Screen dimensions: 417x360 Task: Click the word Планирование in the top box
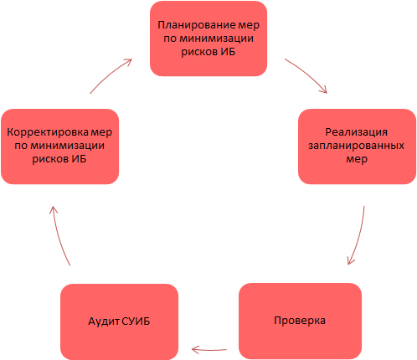coord(193,25)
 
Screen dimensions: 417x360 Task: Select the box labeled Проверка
coord(300,321)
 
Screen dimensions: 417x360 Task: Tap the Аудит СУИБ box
coord(119,322)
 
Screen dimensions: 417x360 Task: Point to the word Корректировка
coord(49,132)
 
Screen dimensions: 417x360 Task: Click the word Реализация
coord(357,132)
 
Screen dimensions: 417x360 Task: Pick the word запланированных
coord(357,146)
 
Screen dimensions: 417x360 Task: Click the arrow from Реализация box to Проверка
coord(358,236)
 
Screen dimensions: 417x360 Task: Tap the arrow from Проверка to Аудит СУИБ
coord(209,350)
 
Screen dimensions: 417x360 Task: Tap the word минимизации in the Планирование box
coord(216,39)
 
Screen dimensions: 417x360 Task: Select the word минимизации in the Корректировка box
coord(67,146)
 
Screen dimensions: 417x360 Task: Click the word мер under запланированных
coord(357,160)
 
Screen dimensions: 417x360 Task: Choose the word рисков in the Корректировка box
coord(50,160)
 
